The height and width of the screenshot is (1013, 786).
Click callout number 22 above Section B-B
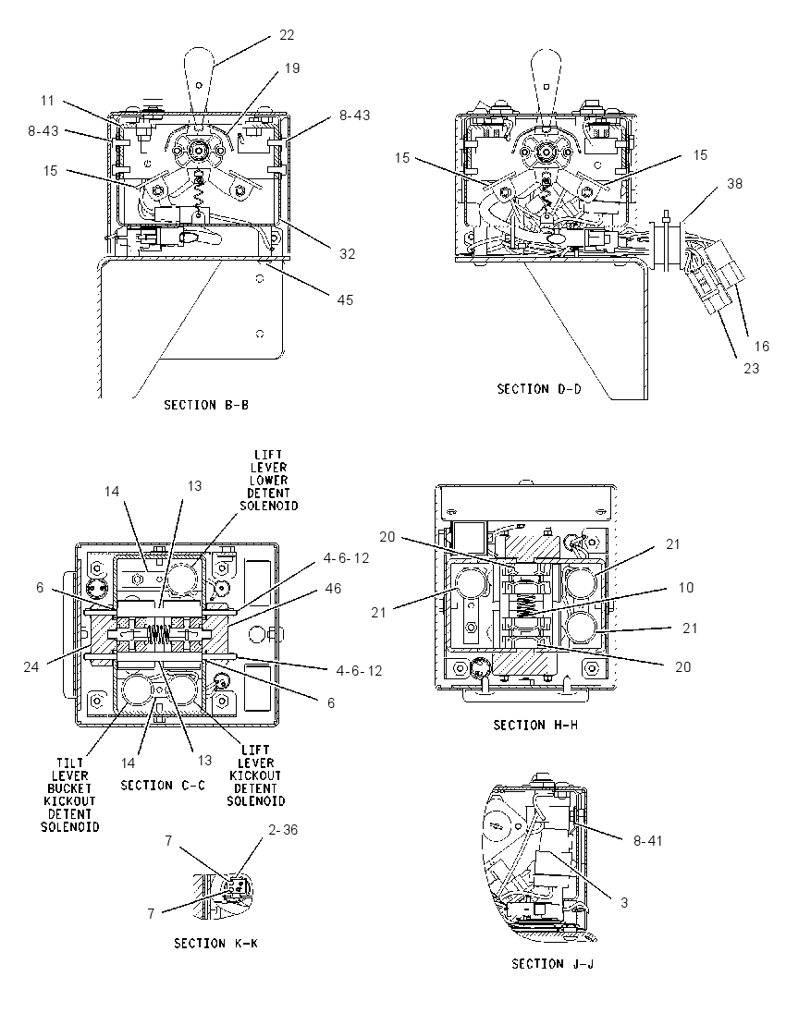pos(287,35)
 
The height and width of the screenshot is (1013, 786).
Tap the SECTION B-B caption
pos(206,405)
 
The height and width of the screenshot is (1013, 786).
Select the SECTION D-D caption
pos(539,389)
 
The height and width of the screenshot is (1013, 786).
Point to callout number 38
pos(734,184)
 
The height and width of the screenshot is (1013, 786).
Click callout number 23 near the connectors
pos(751,368)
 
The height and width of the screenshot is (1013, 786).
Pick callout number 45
pos(345,299)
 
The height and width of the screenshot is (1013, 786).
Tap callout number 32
pos(347,254)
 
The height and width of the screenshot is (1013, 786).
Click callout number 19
pos(292,67)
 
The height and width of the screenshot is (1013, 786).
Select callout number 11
pos(47,101)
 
